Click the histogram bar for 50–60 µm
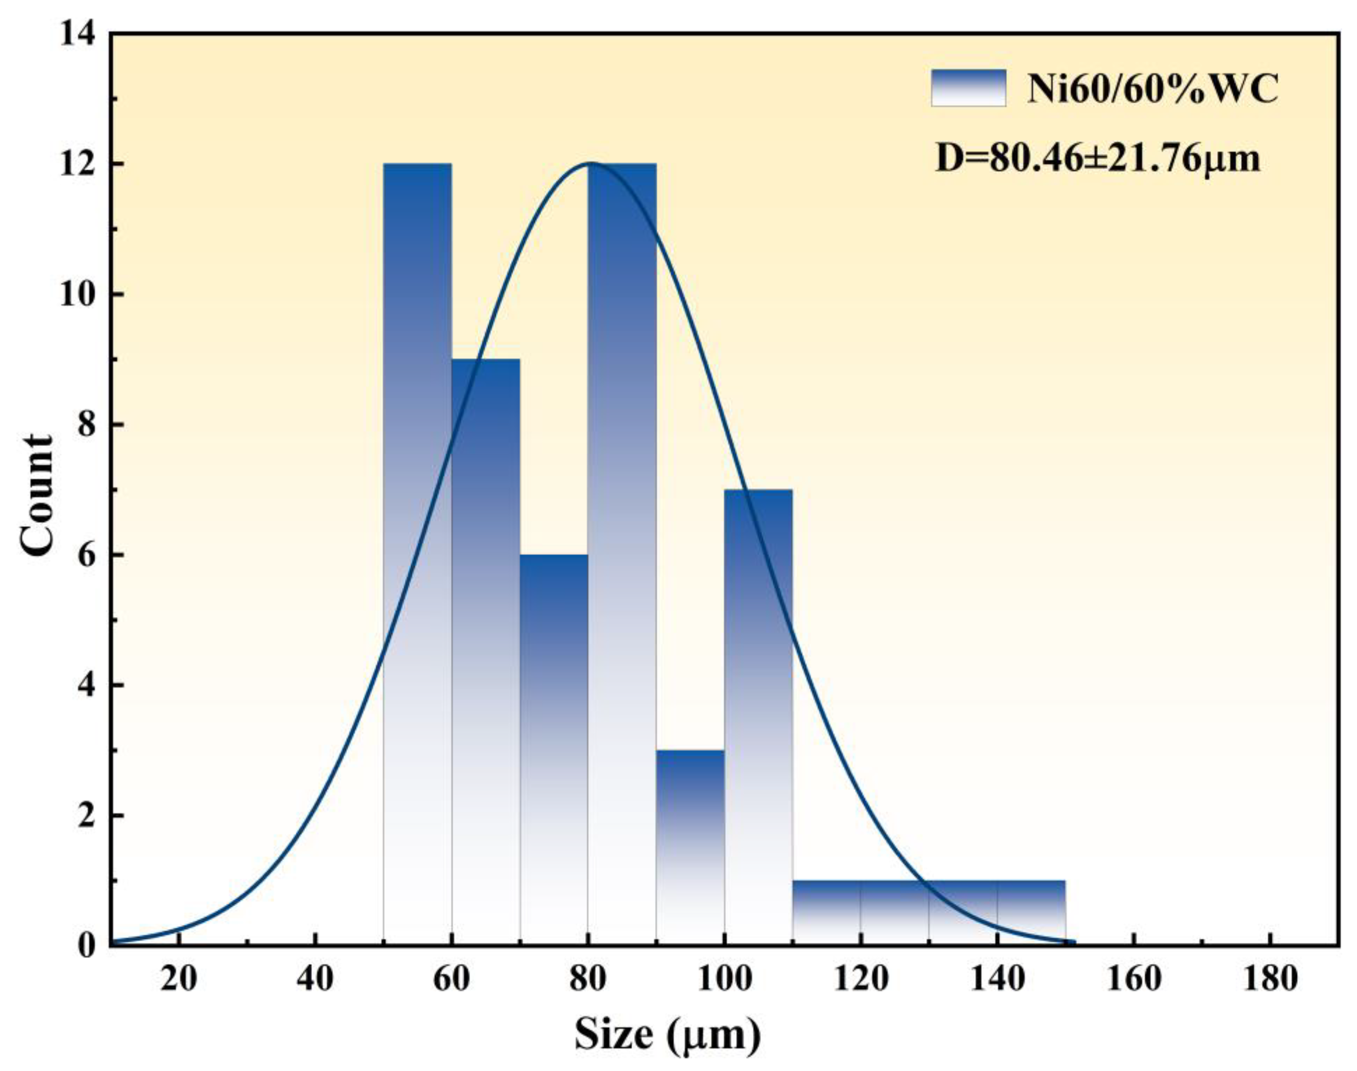[417, 552]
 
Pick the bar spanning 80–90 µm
[622, 552]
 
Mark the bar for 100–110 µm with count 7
[758, 715]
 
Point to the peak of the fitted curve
[590, 163]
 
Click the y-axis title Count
[36, 495]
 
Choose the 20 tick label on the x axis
[179, 981]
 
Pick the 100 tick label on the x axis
[724, 981]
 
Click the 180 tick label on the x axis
[1270, 981]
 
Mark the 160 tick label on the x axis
[1134, 981]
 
